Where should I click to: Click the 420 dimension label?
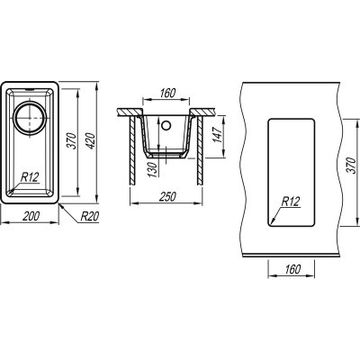92,141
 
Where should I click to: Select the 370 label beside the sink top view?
73,140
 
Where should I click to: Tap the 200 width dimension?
31,216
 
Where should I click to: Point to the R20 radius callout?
90,216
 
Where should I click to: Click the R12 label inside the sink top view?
30,177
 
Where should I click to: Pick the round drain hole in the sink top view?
30,118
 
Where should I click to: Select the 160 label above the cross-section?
167,94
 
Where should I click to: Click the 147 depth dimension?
217,134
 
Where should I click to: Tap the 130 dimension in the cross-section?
153,170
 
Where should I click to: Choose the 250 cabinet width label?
167,197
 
